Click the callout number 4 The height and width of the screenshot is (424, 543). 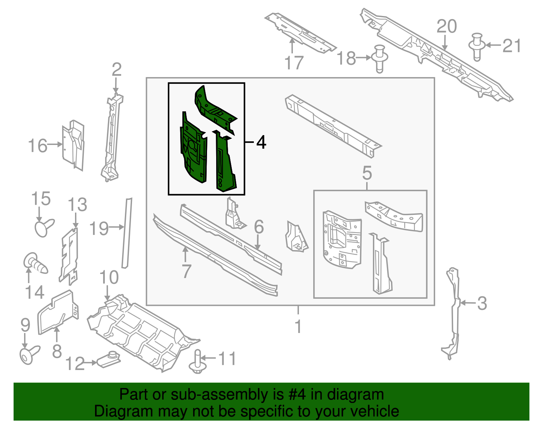(261, 142)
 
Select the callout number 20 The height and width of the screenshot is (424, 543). (446, 26)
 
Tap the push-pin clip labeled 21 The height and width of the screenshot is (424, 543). (476, 47)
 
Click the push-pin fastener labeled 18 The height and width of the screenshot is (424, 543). (380, 58)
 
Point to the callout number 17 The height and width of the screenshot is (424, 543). (293, 63)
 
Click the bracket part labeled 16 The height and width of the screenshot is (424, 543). (73, 145)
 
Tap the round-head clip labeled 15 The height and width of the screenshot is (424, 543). (43, 227)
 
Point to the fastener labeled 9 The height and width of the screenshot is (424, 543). (29, 354)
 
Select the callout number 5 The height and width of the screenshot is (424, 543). (367, 173)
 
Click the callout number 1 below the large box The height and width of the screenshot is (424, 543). (298, 327)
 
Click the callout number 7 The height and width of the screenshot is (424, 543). (186, 271)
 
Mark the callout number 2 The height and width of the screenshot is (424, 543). (116, 70)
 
